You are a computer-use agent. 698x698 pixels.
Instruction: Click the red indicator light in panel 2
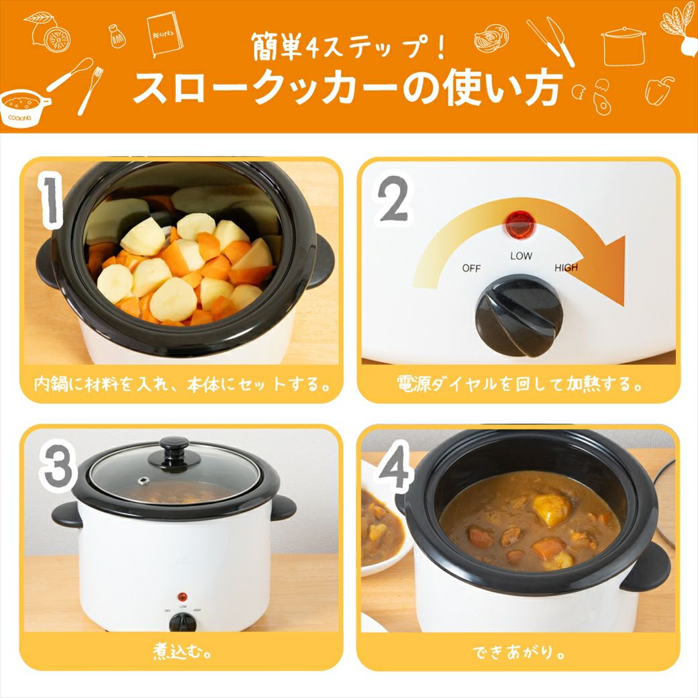tap(516, 223)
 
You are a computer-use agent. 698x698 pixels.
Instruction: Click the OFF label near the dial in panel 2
tap(471, 268)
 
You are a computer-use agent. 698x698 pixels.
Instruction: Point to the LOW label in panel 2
tap(520, 256)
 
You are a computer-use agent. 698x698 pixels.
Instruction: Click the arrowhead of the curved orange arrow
tap(607, 272)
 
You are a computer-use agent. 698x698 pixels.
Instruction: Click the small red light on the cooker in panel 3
tap(181, 597)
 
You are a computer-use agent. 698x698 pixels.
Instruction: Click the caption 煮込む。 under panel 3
tap(181, 652)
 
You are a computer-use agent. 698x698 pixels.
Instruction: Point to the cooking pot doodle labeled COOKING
tap(23, 107)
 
